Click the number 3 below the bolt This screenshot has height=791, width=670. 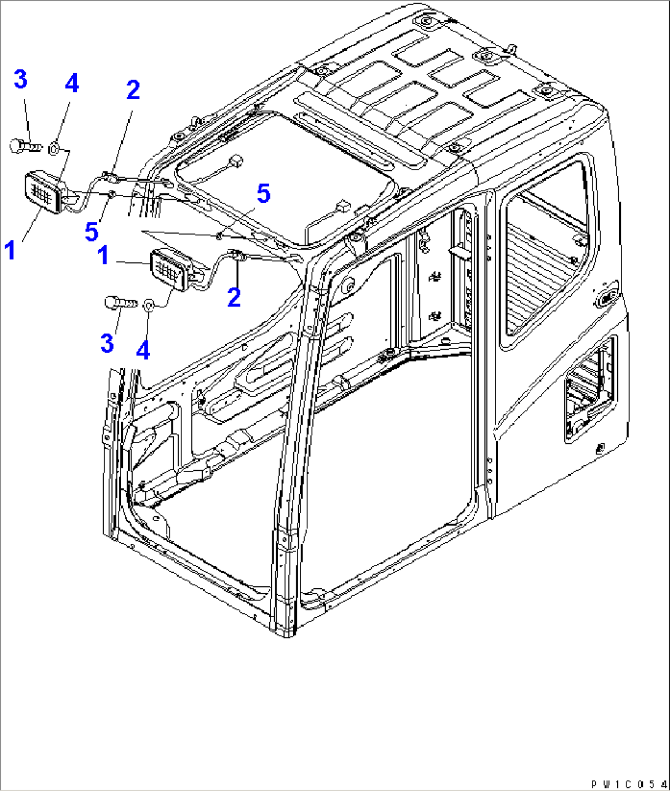107,343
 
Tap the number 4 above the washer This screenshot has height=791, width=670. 72,84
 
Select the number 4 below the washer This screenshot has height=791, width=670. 143,350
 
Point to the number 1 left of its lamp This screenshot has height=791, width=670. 103,256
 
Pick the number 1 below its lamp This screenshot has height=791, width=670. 10,251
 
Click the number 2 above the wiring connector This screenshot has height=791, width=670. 133,90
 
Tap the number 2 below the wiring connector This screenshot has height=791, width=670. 234,297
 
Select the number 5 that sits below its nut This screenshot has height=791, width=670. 92,232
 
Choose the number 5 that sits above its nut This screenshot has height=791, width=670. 263,194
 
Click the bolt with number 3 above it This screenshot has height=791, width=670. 25,146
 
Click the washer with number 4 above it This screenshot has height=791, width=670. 53,146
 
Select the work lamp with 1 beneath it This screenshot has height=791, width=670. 43,193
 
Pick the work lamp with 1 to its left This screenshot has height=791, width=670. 170,269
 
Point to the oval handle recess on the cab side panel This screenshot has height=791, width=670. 608,298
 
